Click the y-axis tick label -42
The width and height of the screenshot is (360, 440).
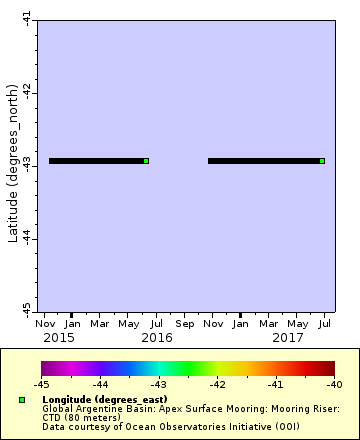pyautogui.click(x=25, y=91)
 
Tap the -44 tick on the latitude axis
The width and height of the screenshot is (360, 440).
pyautogui.click(x=25, y=237)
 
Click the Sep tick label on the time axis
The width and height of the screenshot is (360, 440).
pyautogui.click(x=185, y=324)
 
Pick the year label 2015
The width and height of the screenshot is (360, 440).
pyautogui.click(x=58, y=338)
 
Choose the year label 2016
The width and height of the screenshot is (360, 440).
pyautogui.click(x=156, y=338)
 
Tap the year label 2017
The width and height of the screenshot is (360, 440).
pyautogui.click(x=288, y=338)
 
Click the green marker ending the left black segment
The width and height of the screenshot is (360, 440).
pyautogui.click(x=146, y=161)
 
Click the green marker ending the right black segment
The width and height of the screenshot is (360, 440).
pyautogui.click(x=322, y=161)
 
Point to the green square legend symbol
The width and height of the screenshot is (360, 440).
pyautogui.click(x=22, y=400)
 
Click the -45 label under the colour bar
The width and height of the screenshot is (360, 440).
pyautogui.click(x=41, y=384)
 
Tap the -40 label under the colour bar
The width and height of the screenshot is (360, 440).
pyautogui.click(x=334, y=384)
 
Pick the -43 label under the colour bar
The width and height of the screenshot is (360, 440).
pyautogui.click(x=158, y=384)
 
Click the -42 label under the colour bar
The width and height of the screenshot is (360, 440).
pyautogui.click(x=217, y=384)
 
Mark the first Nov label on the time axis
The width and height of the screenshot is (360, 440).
pyautogui.click(x=45, y=324)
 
